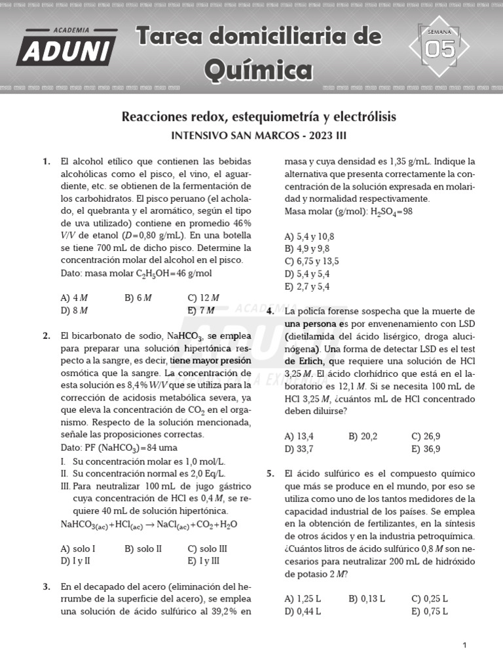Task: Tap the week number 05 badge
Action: point(439,48)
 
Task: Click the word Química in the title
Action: point(258,69)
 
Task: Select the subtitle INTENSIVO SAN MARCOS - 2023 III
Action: point(258,136)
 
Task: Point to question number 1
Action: point(46,161)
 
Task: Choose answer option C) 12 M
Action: point(203,297)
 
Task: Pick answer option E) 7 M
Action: point(201,310)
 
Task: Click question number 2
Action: point(46,336)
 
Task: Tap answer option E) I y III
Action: point(203,561)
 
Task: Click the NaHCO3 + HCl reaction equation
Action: point(149,524)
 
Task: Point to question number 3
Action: point(46,587)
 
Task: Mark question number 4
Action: point(270,311)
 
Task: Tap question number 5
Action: point(270,474)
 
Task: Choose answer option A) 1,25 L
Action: point(303,598)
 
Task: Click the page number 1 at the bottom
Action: point(464,645)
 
